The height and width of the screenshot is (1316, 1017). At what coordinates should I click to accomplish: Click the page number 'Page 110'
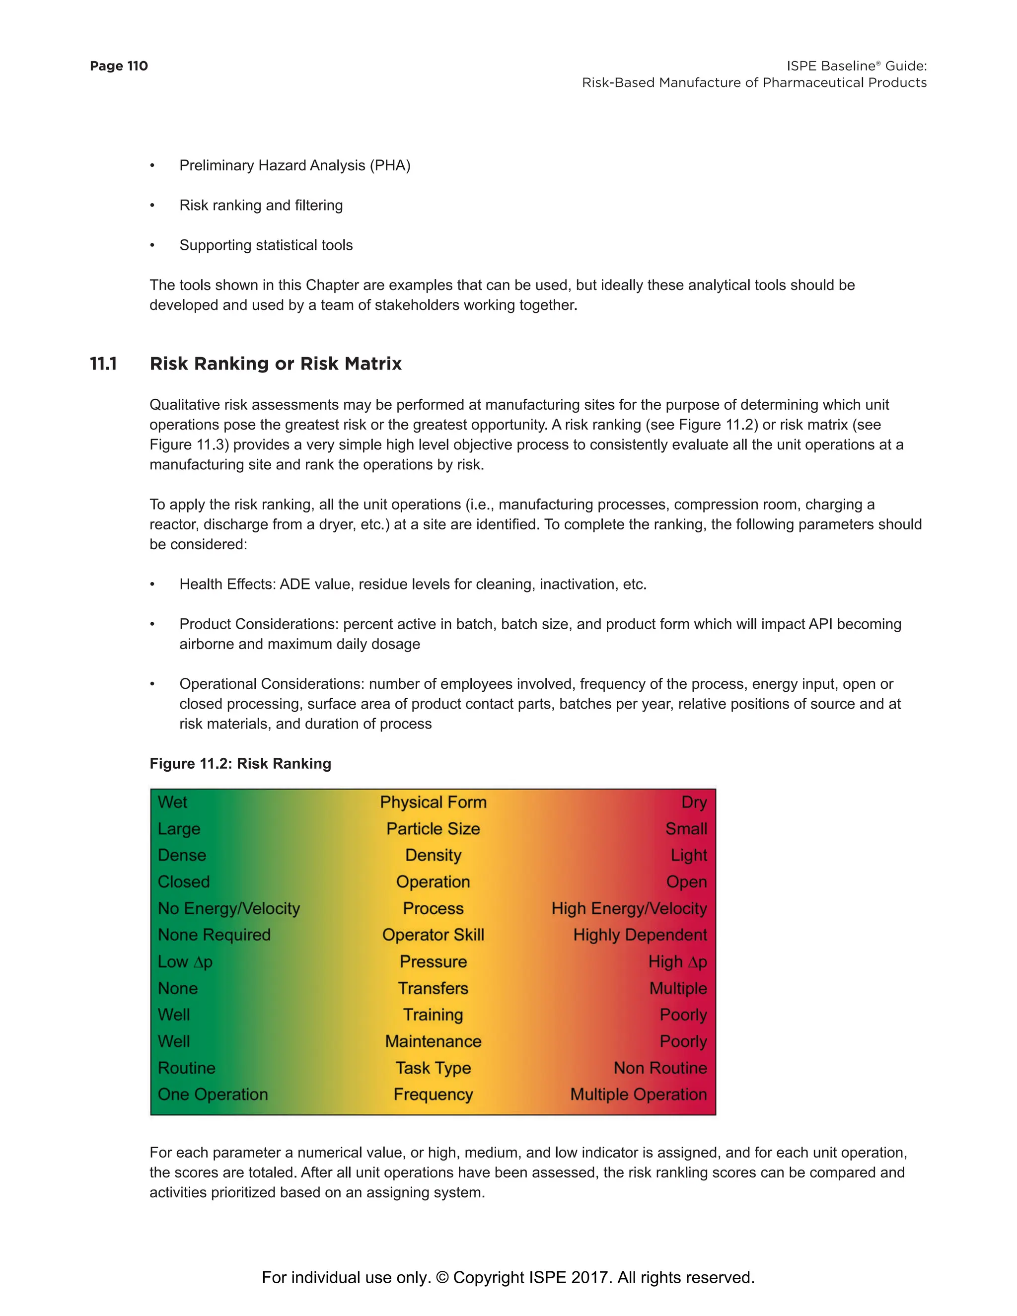point(119,66)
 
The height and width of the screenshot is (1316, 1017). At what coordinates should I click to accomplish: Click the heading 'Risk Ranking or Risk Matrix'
point(275,364)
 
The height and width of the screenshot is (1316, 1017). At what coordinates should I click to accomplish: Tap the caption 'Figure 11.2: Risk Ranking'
point(240,764)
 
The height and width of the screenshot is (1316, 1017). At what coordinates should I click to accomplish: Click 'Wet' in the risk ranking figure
point(172,802)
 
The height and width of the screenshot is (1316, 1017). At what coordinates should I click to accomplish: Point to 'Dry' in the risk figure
point(694,802)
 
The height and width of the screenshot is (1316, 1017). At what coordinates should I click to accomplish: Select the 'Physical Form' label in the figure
point(433,802)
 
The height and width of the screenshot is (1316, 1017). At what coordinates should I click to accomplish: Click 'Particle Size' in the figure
point(433,829)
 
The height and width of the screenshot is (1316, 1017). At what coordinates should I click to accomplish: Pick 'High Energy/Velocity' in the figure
point(629,909)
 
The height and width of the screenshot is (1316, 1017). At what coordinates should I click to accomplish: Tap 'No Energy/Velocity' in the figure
point(229,909)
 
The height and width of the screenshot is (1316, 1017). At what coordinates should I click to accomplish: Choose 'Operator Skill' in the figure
point(433,935)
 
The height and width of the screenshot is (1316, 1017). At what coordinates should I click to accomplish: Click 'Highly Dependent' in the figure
point(640,935)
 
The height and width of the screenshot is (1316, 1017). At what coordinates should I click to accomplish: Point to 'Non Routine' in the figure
point(660,1068)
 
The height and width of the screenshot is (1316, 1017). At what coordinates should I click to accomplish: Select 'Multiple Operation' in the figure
point(639,1095)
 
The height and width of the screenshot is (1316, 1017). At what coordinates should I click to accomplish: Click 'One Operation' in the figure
point(213,1095)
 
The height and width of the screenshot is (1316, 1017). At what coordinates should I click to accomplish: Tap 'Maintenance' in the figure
point(433,1042)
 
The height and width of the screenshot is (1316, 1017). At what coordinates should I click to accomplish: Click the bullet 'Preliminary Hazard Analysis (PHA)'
point(294,166)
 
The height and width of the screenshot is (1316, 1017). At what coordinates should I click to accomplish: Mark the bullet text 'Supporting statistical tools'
point(266,245)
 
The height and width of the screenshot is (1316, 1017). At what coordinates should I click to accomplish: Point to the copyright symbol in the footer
point(442,1278)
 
